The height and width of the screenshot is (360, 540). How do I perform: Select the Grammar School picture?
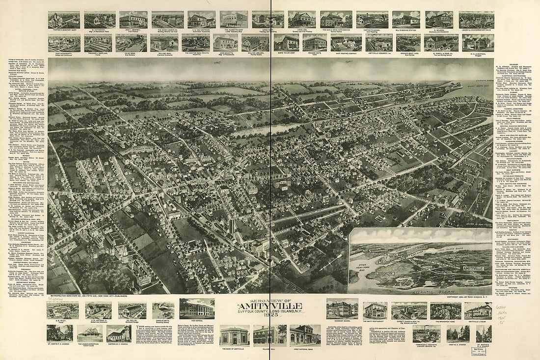342,308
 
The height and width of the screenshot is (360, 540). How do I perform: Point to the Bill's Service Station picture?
406,19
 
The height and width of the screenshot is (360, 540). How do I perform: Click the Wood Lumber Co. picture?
167,20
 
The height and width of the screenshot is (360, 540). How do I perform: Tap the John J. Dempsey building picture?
133,20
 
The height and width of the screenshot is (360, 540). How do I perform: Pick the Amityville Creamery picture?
378,42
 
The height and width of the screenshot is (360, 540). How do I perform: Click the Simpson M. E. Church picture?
118,333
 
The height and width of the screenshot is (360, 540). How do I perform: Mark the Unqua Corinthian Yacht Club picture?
90,333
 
